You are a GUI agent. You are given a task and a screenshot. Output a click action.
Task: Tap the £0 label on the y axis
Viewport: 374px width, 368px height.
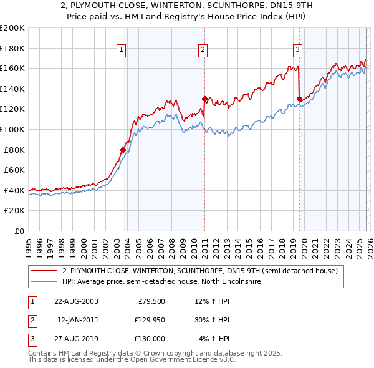point(19,231)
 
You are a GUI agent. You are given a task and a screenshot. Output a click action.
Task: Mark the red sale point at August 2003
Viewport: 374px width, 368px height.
point(123,150)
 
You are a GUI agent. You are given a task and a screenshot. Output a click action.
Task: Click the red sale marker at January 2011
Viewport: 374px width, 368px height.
point(204,99)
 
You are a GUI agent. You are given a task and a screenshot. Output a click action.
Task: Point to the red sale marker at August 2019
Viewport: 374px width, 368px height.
point(300,99)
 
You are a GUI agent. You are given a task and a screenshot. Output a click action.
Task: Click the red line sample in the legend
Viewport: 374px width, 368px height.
point(44,271)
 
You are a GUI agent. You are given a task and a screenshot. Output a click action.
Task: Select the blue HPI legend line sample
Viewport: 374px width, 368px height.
point(44,281)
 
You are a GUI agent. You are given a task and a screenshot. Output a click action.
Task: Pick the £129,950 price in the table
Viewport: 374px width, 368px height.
point(148,320)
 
